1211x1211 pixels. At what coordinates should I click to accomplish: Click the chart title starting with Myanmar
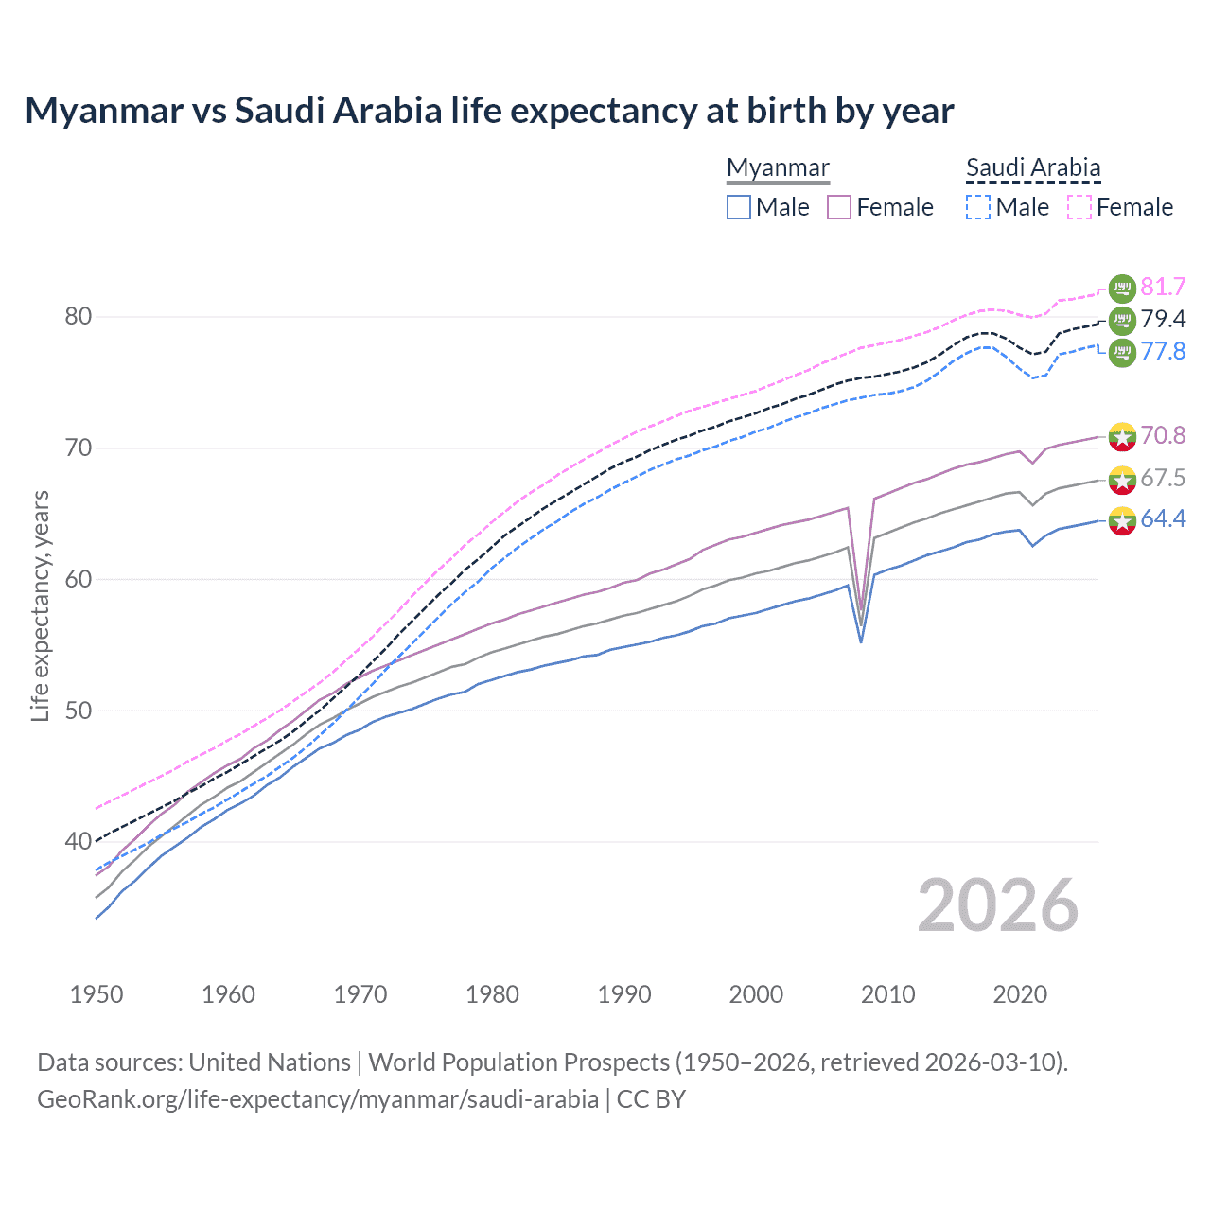coord(489,111)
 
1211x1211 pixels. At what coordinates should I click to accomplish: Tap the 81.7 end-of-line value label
coord(1163,287)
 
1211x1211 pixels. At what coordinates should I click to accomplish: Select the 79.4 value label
coord(1163,319)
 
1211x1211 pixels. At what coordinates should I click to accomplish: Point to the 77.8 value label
coord(1163,351)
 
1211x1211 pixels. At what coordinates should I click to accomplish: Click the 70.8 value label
coord(1163,435)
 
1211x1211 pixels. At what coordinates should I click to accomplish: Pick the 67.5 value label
coord(1163,478)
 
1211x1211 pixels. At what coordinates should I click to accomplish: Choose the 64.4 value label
coord(1163,518)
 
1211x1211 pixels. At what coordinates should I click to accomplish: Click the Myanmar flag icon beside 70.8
coord(1122,437)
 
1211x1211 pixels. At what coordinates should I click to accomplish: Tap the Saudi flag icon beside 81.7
coord(1122,289)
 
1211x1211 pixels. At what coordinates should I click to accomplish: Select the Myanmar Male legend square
coord(739,207)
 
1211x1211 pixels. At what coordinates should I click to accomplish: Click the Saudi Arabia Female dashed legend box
coord(1079,207)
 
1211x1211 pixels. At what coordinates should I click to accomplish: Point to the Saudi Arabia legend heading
coord(1033,168)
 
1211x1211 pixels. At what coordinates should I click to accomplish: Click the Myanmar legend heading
coord(778,168)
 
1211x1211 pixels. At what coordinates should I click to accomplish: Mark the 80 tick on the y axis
coord(79,316)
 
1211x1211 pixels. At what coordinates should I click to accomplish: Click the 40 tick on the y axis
coord(79,841)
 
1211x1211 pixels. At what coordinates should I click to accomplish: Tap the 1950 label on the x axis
coord(97,994)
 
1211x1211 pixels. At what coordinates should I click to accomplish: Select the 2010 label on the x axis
coord(887,994)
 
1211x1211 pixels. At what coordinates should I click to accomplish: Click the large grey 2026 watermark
coord(997,905)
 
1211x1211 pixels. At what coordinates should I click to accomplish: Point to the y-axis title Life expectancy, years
coord(41,605)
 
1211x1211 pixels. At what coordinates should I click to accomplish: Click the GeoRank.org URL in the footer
coord(318,1099)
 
